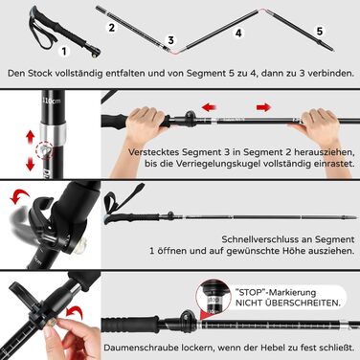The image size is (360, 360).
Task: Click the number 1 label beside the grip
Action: [64, 51]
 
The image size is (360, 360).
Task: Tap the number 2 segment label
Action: [111, 27]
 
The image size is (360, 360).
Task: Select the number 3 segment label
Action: [171, 40]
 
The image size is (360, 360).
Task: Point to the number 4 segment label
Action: [238, 33]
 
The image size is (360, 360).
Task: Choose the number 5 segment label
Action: [320, 31]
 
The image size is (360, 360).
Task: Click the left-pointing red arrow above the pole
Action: [210, 107]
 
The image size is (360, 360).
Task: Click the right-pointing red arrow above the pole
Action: [263, 107]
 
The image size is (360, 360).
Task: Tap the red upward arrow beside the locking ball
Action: [31, 138]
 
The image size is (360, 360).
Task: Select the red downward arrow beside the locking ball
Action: [31, 163]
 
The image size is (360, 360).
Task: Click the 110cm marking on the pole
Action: [52, 101]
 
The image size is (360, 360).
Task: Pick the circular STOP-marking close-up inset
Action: [213, 298]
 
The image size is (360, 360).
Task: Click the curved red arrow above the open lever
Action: [19, 195]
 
